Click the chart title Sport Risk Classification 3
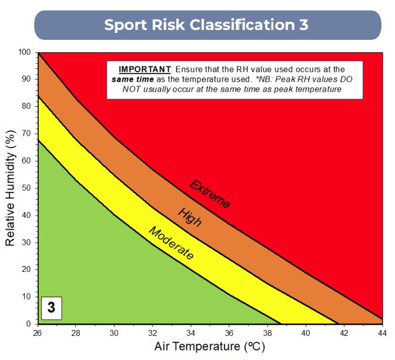coord(206,25)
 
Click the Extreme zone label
coord(210,194)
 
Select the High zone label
coord(190,217)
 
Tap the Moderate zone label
coord(171,243)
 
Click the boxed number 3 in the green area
coord(51,307)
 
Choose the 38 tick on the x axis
coord(268,333)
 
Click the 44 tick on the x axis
coord(382,333)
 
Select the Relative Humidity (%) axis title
coord(11,188)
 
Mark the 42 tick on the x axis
coord(344,333)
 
